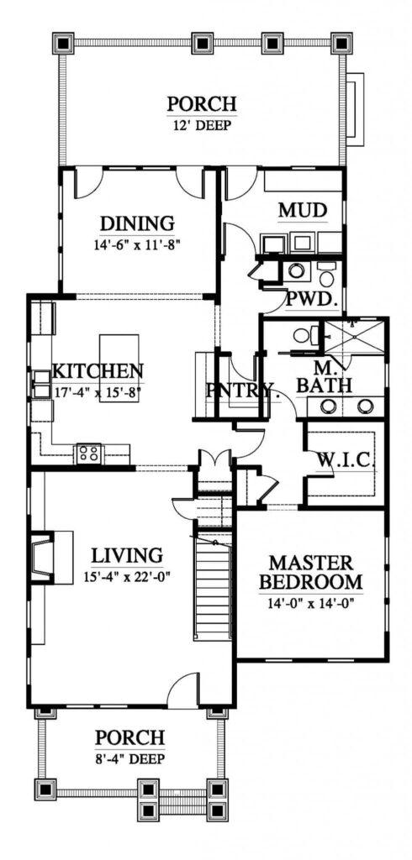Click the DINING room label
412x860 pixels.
pos(137,223)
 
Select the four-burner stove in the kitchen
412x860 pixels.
pos(89,454)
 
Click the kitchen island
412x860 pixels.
pos(115,356)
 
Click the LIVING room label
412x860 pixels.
pos(126,555)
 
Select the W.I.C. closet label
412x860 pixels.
pos(345,460)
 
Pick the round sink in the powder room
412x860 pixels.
pos(295,270)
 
